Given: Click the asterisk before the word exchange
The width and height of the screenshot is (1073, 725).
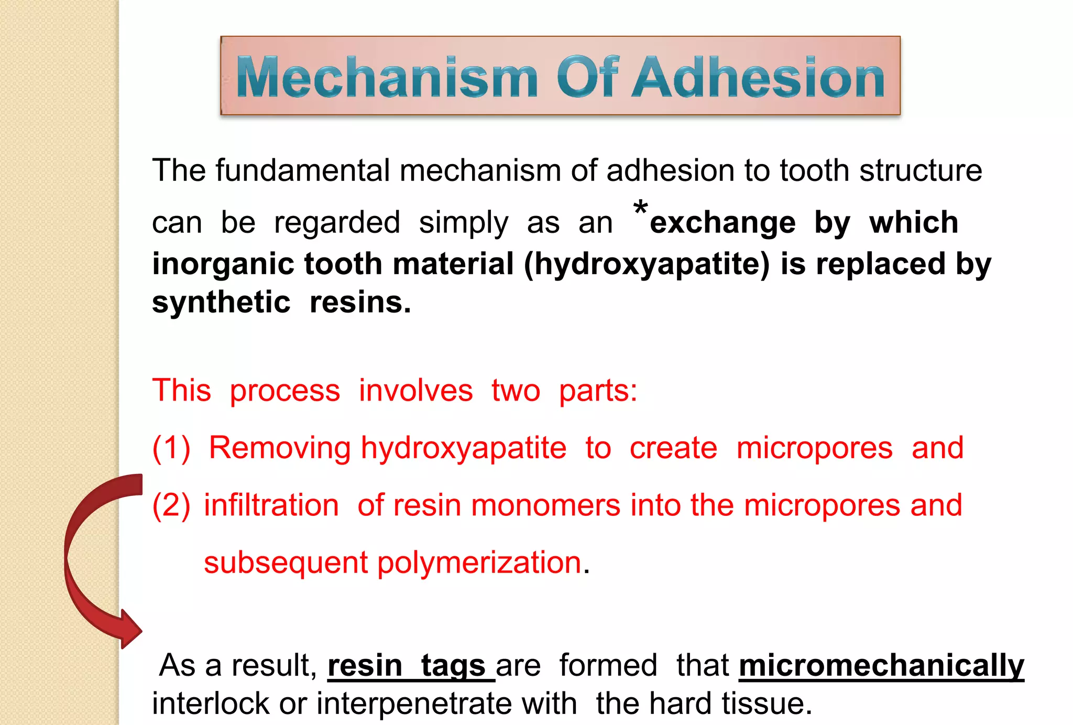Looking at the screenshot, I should (x=640, y=208).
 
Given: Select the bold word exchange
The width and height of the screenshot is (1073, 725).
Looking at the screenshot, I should (x=722, y=222).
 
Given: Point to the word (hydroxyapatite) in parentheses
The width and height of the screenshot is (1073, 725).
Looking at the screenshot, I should (x=647, y=263).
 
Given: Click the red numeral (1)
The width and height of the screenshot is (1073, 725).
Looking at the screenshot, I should (x=171, y=448).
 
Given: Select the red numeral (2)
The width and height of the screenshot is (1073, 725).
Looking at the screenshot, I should (x=171, y=505).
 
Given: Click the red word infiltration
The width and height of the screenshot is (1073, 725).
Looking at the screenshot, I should (x=271, y=505).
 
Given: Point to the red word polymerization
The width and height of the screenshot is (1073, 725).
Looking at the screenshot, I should (x=479, y=562).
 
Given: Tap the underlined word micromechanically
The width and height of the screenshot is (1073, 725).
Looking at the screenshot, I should (x=881, y=665).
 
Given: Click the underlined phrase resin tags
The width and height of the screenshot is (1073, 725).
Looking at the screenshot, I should (x=411, y=665).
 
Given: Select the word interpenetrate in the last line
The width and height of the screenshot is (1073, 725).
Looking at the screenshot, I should (x=446, y=703).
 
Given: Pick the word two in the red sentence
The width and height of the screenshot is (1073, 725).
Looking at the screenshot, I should (x=516, y=391).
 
